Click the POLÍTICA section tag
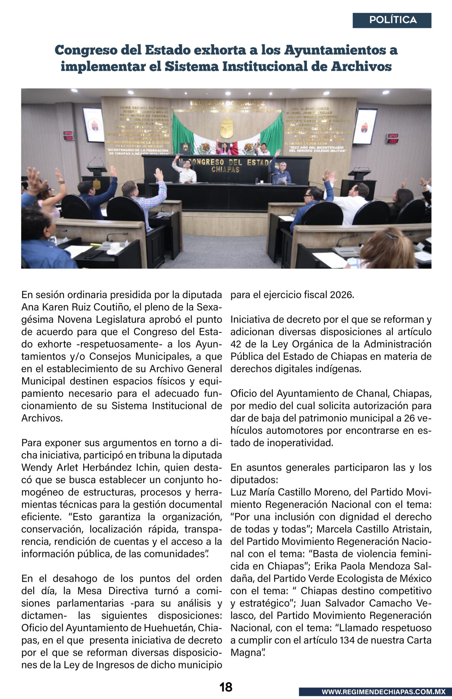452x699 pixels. [x=393, y=20]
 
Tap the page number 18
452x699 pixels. [x=226, y=687]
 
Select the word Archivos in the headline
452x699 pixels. [x=361, y=66]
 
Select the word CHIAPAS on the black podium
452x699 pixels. [x=225, y=170]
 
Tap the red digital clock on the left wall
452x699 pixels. [x=68, y=135]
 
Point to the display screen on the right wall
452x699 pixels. [x=364, y=126]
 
